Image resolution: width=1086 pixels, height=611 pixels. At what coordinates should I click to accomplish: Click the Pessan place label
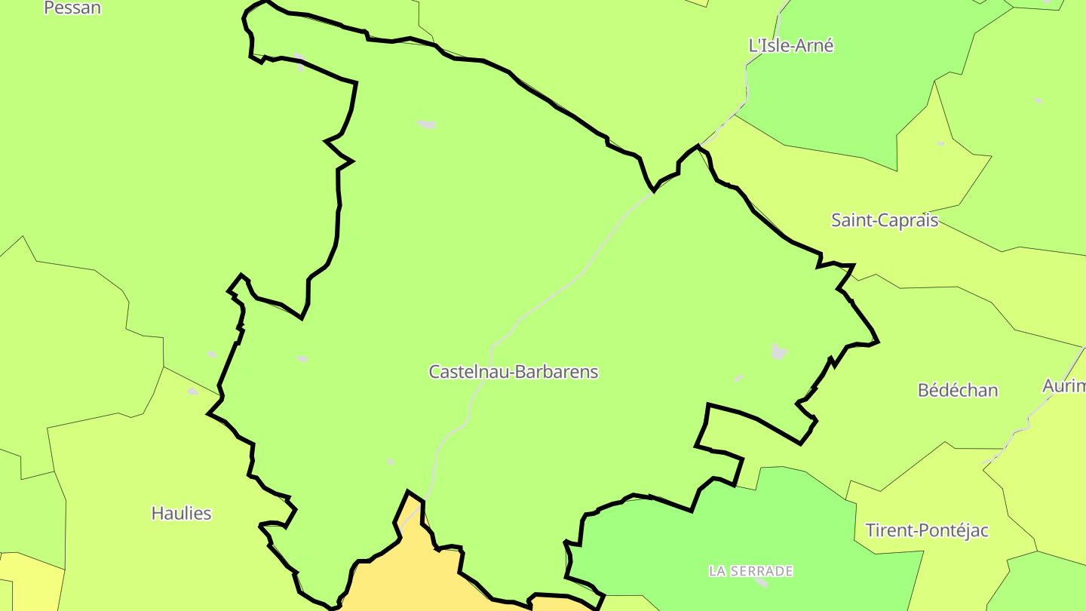pyautogui.click(x=72, y=8)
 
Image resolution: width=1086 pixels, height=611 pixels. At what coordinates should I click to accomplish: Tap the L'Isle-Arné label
pyautogui.click(x=791, y=45)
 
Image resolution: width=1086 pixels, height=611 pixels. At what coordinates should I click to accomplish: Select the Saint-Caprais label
pyautogui.click(x=885, y=220)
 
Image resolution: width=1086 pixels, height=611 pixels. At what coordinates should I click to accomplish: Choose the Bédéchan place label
pyautogui.click(x=958, y=390)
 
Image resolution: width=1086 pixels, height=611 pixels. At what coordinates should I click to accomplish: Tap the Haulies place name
pyautogui.click(x=181, y=513)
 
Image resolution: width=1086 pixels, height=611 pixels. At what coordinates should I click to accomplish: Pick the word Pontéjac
pyautogui.click(x=952, y=530)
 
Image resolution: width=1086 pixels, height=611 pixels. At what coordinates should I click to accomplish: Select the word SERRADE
pyautogui.click(x=762, y=571)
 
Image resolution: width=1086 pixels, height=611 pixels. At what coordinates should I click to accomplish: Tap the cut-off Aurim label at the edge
pyautogui.click(x=1065, y=386)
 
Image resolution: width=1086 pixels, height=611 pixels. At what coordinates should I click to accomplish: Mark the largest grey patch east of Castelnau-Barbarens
pyautogui.click(x=779, y=352)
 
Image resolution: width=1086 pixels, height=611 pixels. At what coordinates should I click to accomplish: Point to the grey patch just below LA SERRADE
pyautogui.click(x=760, y=582)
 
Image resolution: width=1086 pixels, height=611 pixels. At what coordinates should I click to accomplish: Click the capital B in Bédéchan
pyautogui.click(x=923, y=391)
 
